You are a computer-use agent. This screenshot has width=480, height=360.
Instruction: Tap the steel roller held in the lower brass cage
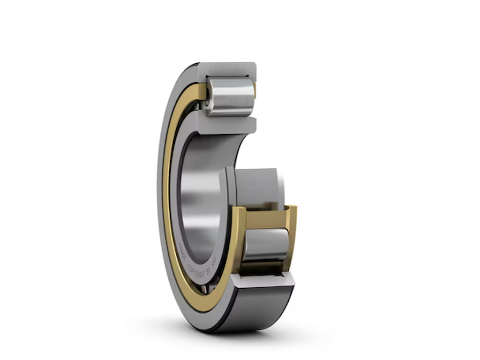[265, 244]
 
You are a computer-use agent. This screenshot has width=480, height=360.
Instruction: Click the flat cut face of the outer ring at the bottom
[262, 280]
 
